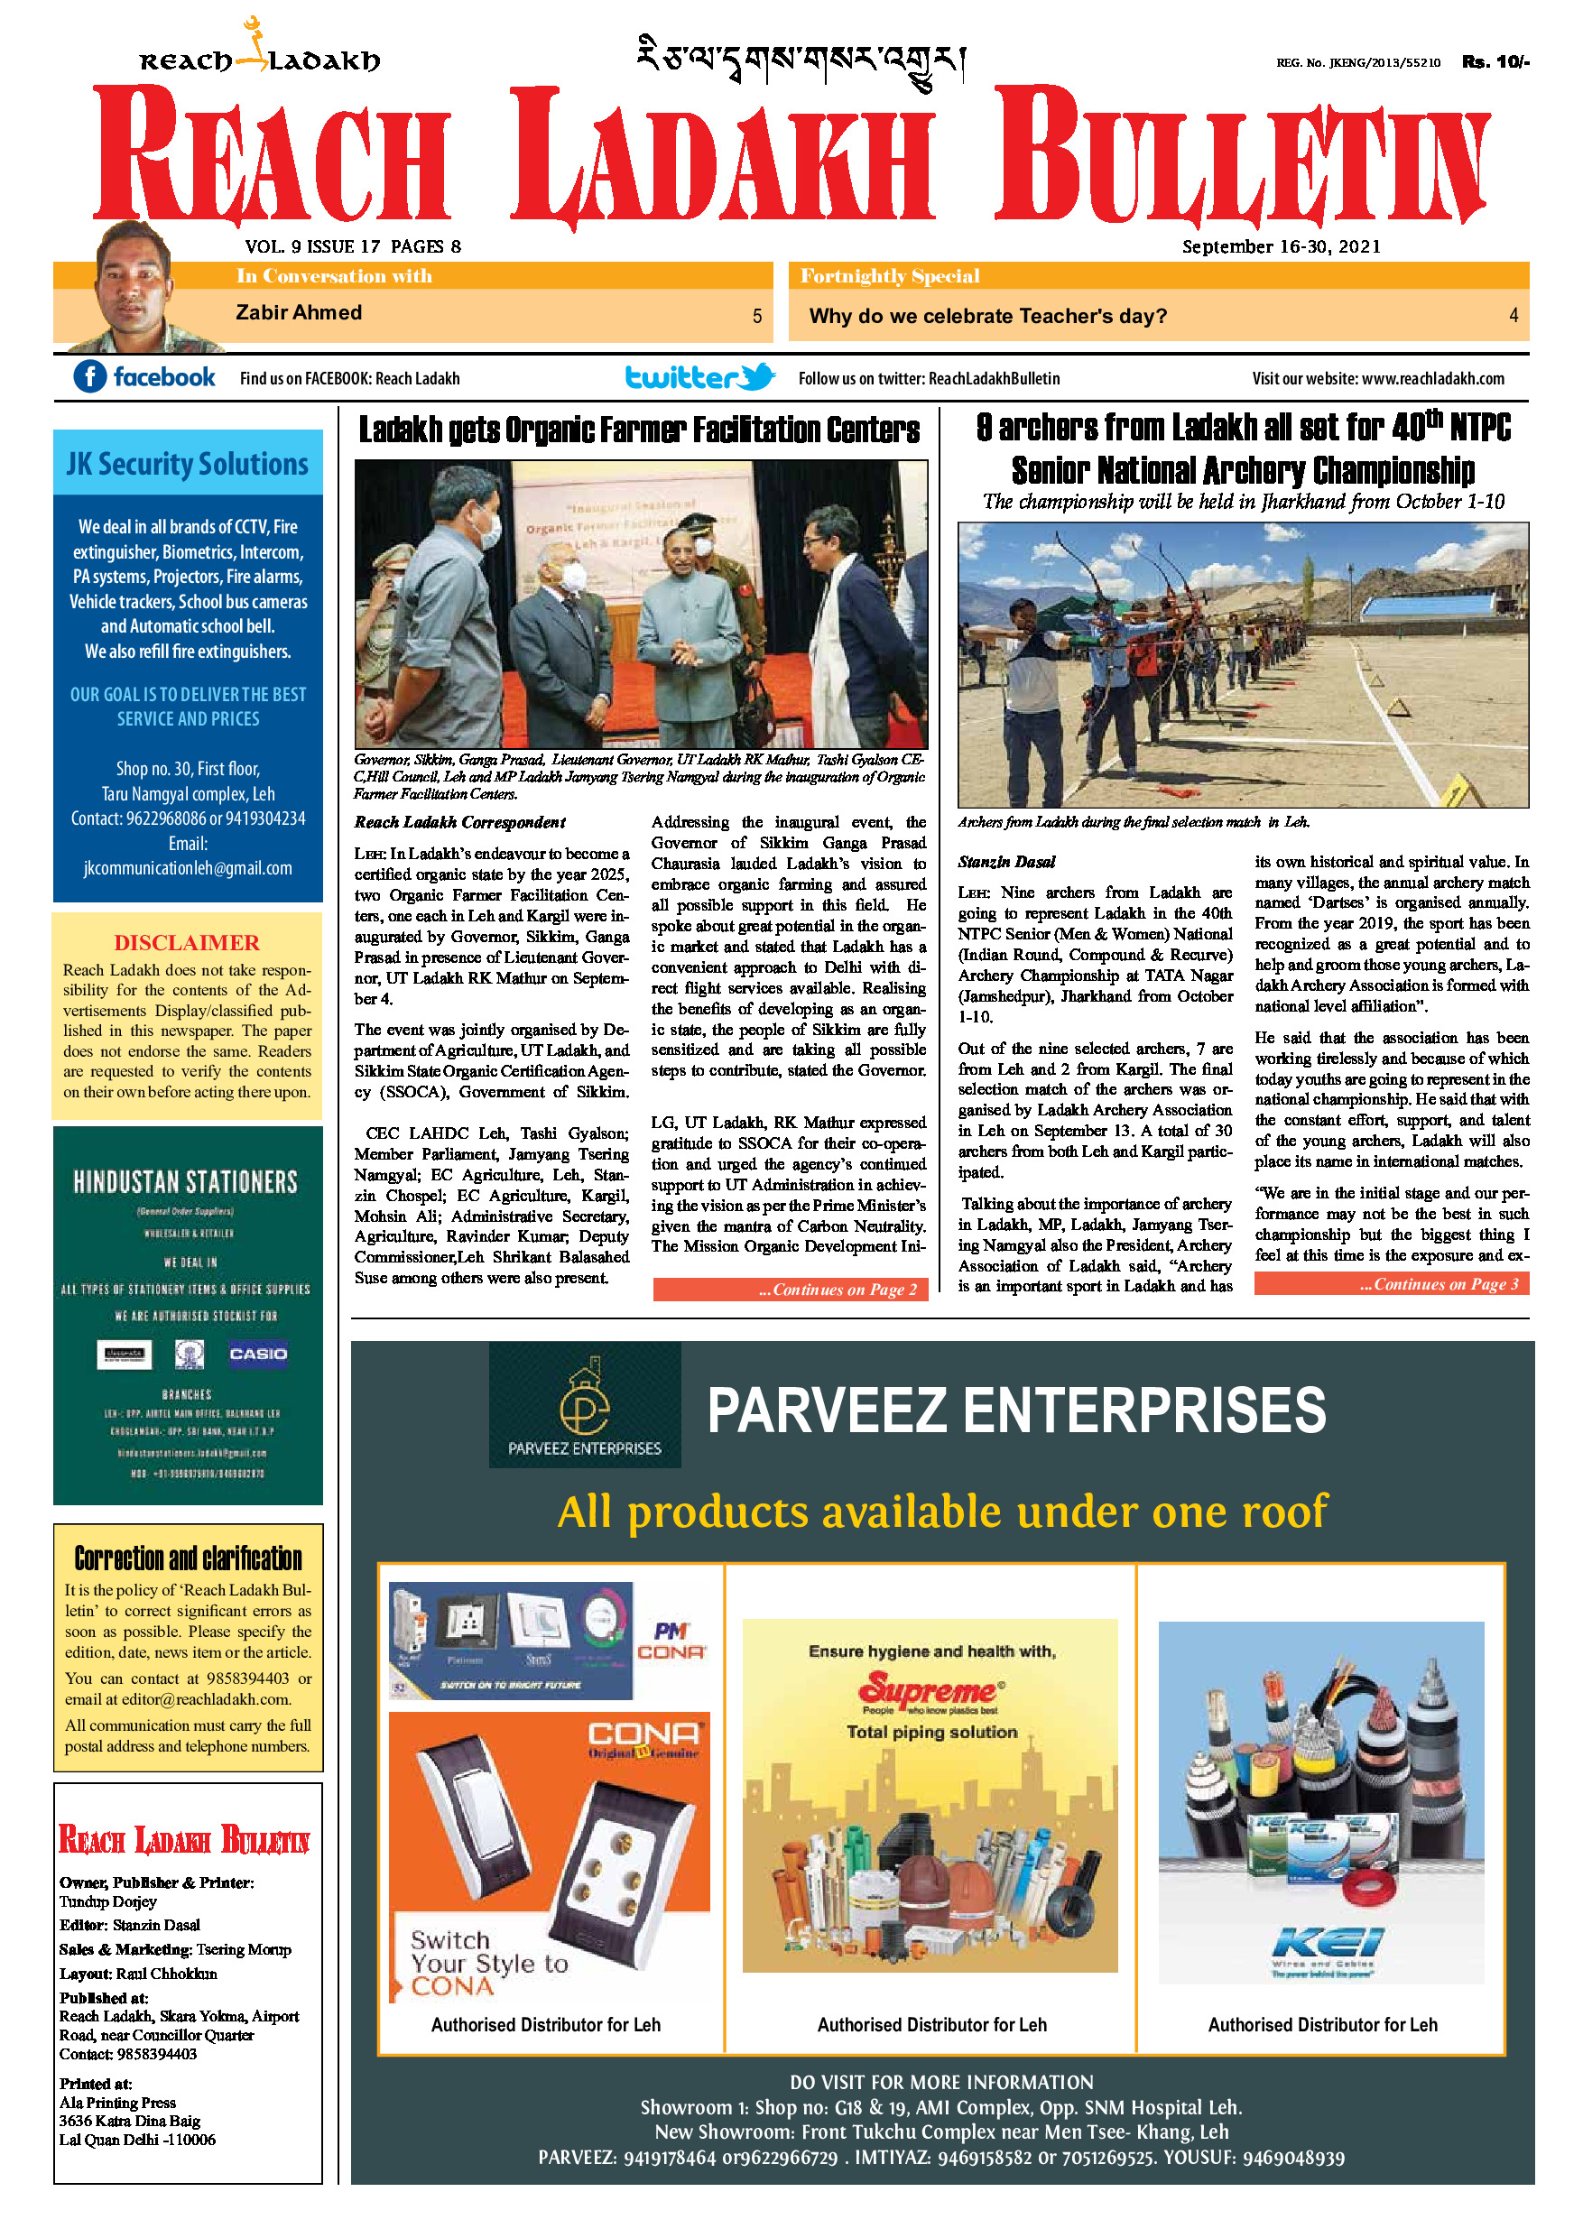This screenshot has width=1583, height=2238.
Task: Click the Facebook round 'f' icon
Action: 89,376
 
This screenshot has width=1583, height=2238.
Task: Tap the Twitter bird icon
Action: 756,376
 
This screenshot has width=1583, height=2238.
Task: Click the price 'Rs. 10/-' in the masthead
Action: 1495,62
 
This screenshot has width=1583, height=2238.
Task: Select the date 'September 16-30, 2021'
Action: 1281,246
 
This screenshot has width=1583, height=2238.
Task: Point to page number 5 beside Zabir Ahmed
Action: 756,316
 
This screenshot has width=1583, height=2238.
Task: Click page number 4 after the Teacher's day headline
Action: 1513,316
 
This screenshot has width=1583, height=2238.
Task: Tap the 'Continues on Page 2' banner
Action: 790,1290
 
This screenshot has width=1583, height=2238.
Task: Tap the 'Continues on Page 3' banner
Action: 1391,1284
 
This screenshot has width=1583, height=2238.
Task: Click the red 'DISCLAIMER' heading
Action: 187,942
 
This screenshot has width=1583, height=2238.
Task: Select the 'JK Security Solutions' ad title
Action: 187,464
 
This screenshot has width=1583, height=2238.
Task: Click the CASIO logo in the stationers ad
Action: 257,1354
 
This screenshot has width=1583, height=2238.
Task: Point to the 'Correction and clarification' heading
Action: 188,1558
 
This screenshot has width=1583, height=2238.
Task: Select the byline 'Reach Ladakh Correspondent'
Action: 459,823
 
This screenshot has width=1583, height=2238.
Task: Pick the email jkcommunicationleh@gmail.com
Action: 187,868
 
